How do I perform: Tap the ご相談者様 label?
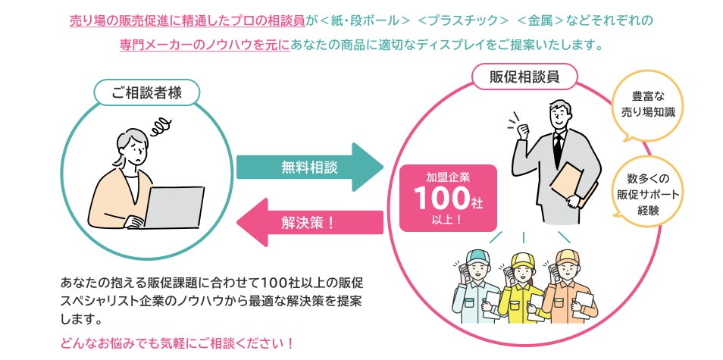click(146, 93)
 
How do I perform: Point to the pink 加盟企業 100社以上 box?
click(448, 198)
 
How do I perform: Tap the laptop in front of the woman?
click(174, 206)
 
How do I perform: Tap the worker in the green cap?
click(477, 289)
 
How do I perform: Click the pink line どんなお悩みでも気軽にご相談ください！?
click(177, 343)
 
